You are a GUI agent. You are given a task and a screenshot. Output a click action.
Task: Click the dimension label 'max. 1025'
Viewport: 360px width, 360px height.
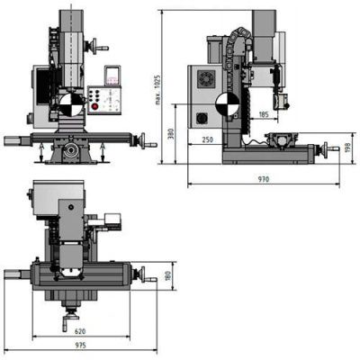(x=158, y=90)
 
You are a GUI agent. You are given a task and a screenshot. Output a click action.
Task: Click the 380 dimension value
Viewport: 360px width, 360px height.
(x=171, y=134)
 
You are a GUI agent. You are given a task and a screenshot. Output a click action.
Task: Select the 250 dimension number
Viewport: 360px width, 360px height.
(x=207, y=139)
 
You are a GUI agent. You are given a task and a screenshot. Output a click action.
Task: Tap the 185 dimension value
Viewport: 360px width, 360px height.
(x=263, y=114)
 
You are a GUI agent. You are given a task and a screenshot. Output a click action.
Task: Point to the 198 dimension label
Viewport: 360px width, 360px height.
(x=347, y=148)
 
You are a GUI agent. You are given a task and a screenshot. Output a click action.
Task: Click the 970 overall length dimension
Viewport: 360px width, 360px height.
(x=264, y=179)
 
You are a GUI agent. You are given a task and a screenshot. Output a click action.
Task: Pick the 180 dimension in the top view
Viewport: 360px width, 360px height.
(x=167, y=276)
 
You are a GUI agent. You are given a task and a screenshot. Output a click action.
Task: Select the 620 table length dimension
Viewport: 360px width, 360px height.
(x=80, y=331)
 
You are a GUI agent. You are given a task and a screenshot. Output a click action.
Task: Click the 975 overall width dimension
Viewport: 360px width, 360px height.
(x=80, y=346)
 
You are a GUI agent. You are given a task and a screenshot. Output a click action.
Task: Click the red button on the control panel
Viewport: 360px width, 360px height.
(x=95, y=106)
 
